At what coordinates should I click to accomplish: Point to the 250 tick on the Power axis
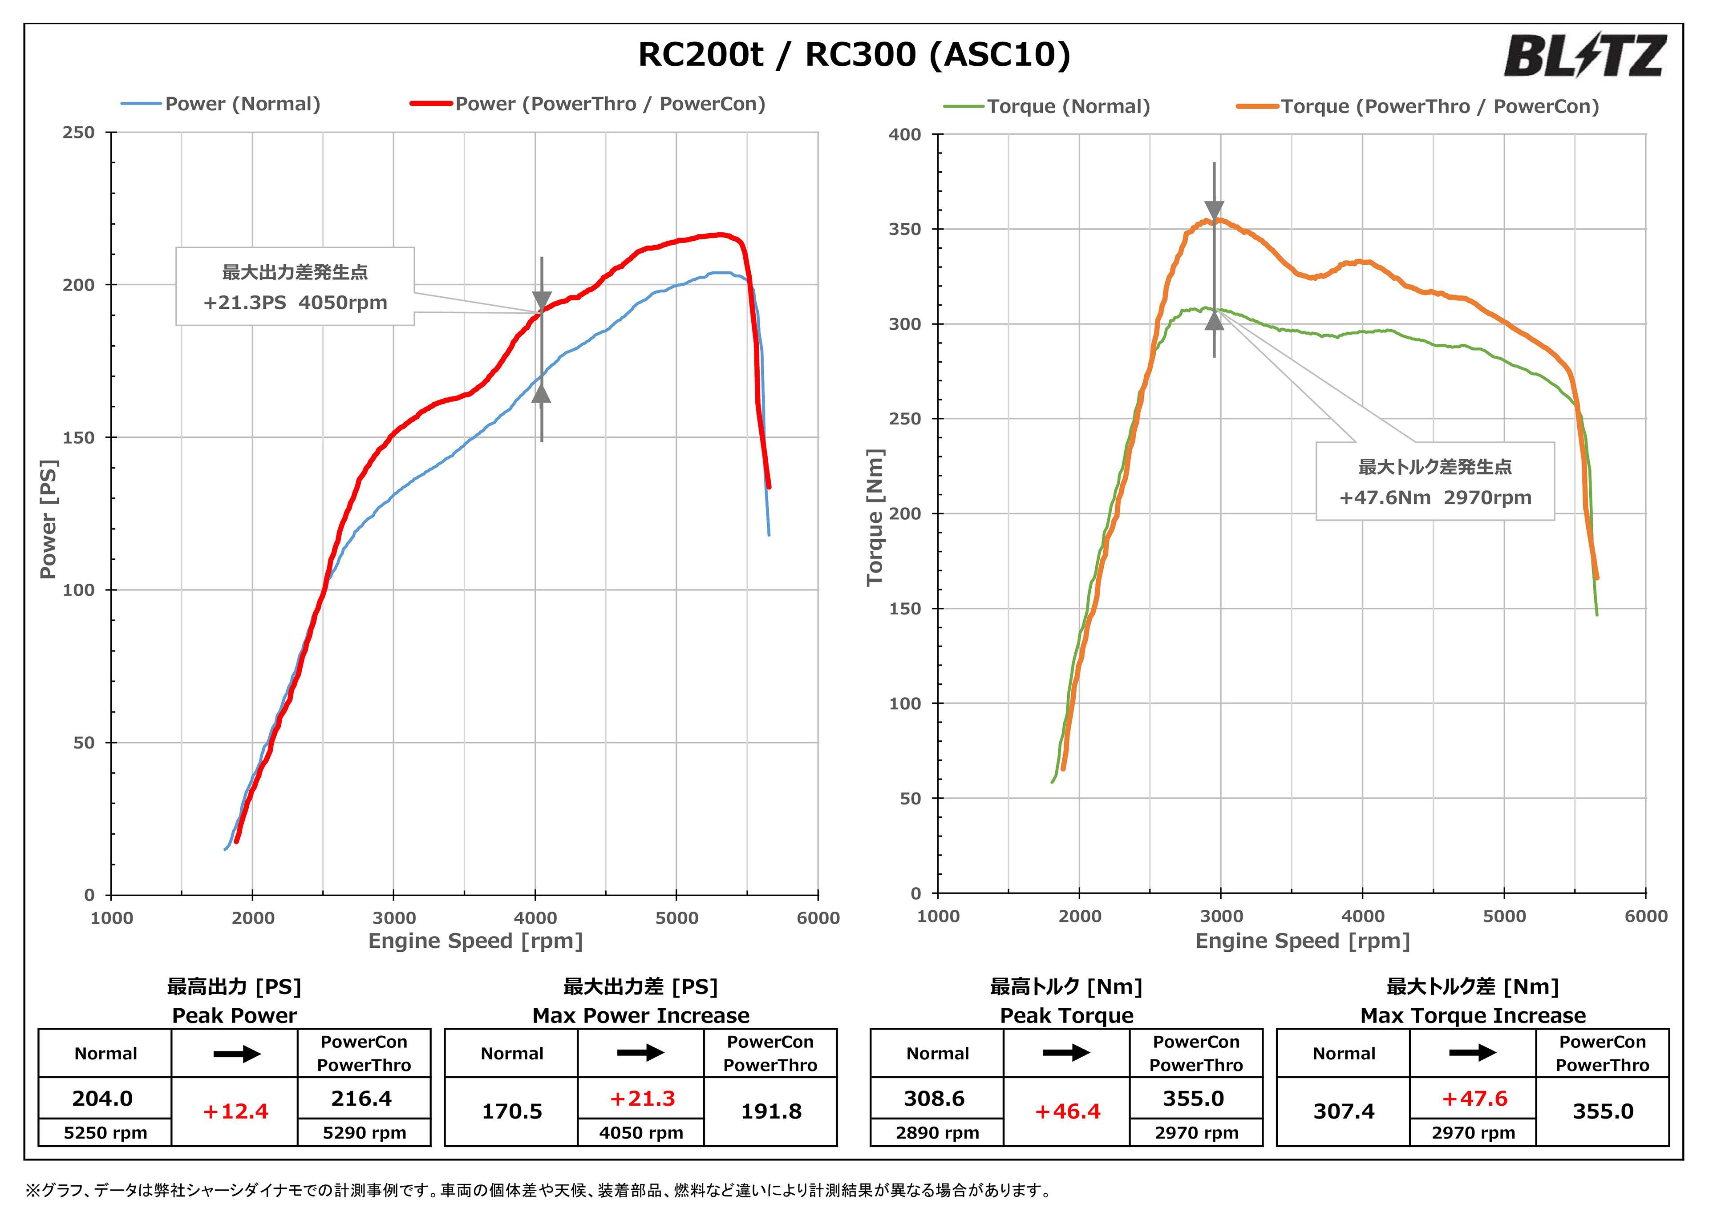(x=79, y=133)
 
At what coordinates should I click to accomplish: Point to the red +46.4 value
(x=1067, y=1111)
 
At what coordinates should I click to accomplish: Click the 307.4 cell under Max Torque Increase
(x=1344, y=1111)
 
